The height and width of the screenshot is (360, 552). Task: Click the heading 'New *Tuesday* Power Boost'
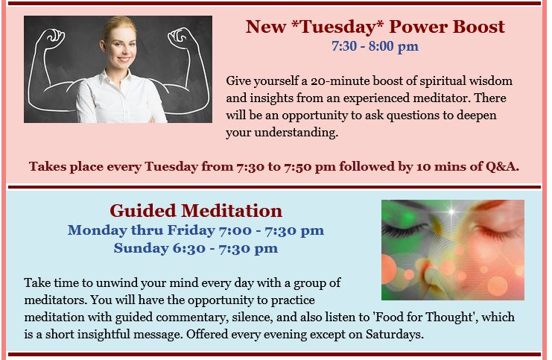(375, 26)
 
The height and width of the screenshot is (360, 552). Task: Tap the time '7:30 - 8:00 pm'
(375, 46)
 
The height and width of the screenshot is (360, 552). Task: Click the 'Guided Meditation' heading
(196, 211)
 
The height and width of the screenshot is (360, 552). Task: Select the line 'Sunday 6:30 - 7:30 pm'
(196, 248)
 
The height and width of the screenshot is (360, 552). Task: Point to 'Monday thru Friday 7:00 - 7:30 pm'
(196, 230)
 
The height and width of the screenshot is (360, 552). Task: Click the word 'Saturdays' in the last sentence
(395, 334)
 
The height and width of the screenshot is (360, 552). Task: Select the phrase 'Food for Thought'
(422, 317)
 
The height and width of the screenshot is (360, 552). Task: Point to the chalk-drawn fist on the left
(53, 37)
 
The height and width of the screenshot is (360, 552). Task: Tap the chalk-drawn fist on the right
(179, 37)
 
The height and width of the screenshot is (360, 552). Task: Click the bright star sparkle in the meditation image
(451, 212)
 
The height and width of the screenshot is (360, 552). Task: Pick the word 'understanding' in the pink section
(296, 133)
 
